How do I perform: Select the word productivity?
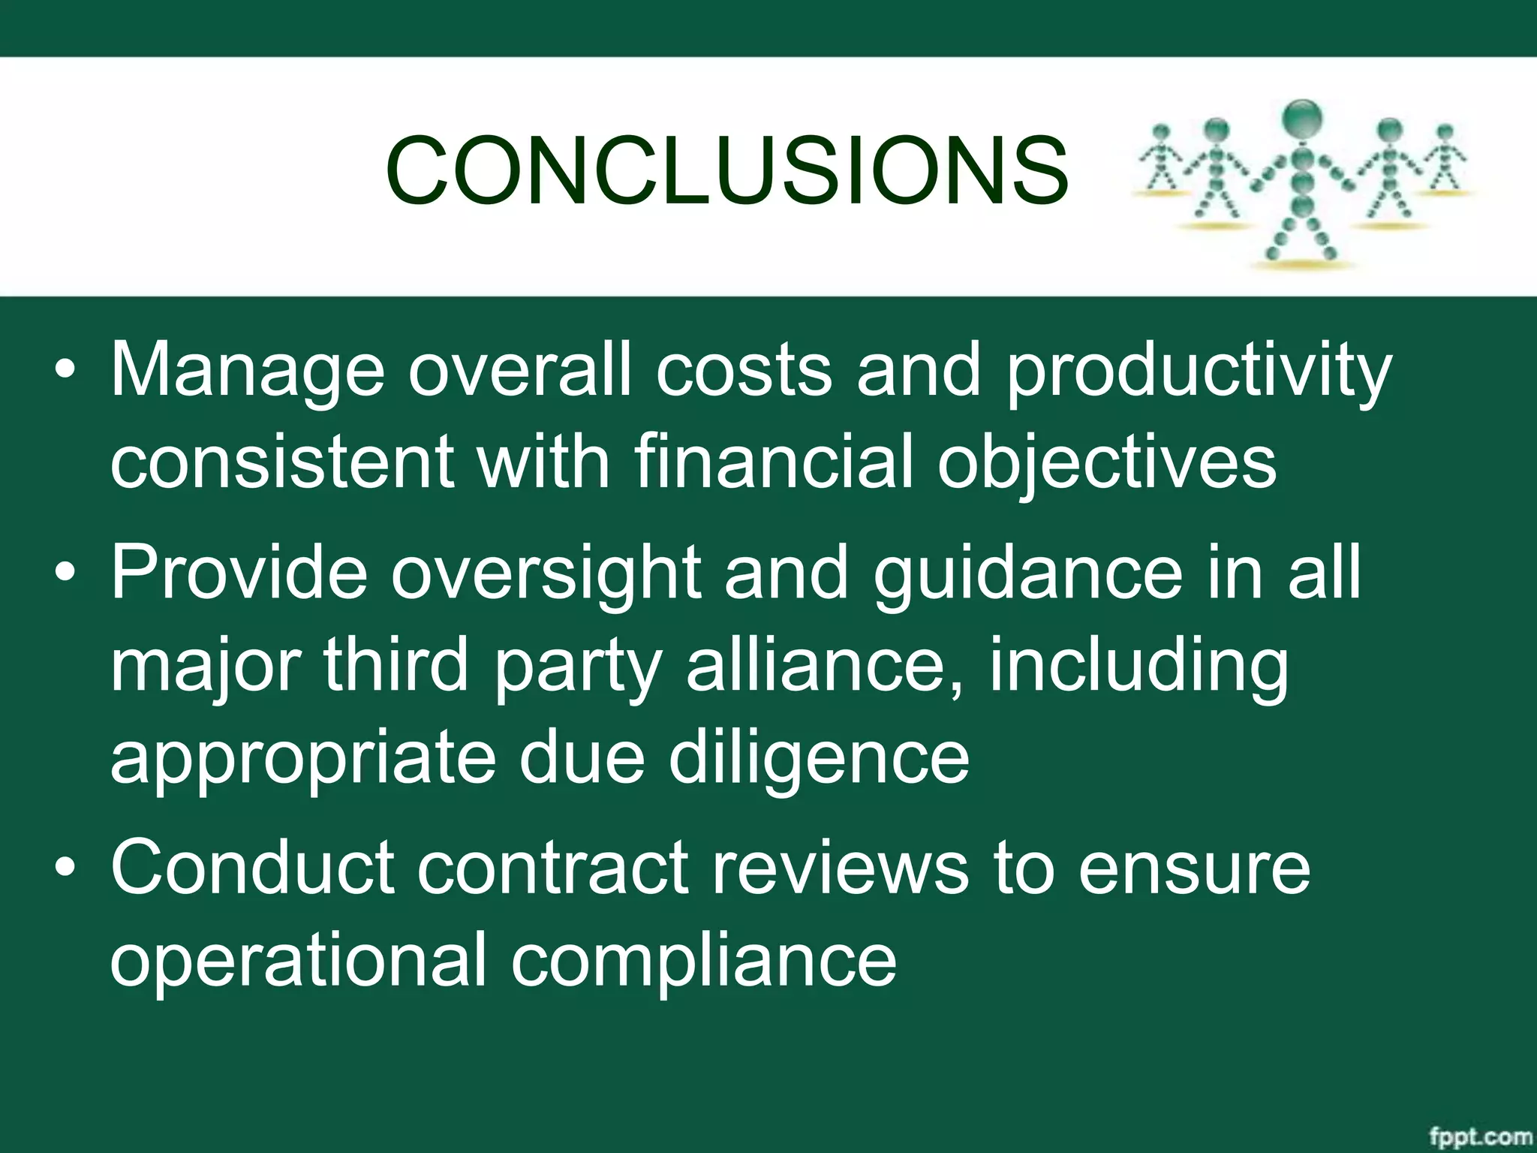[x=1199, y=371]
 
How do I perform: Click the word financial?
[x=773, y=461]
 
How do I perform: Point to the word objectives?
[x=1107, y=461]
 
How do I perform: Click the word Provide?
[x=239, y=573]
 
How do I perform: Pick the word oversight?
[x=546, y=573]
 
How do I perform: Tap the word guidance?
[x=1027, y=573]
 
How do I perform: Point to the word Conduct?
[x=253, y=868]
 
